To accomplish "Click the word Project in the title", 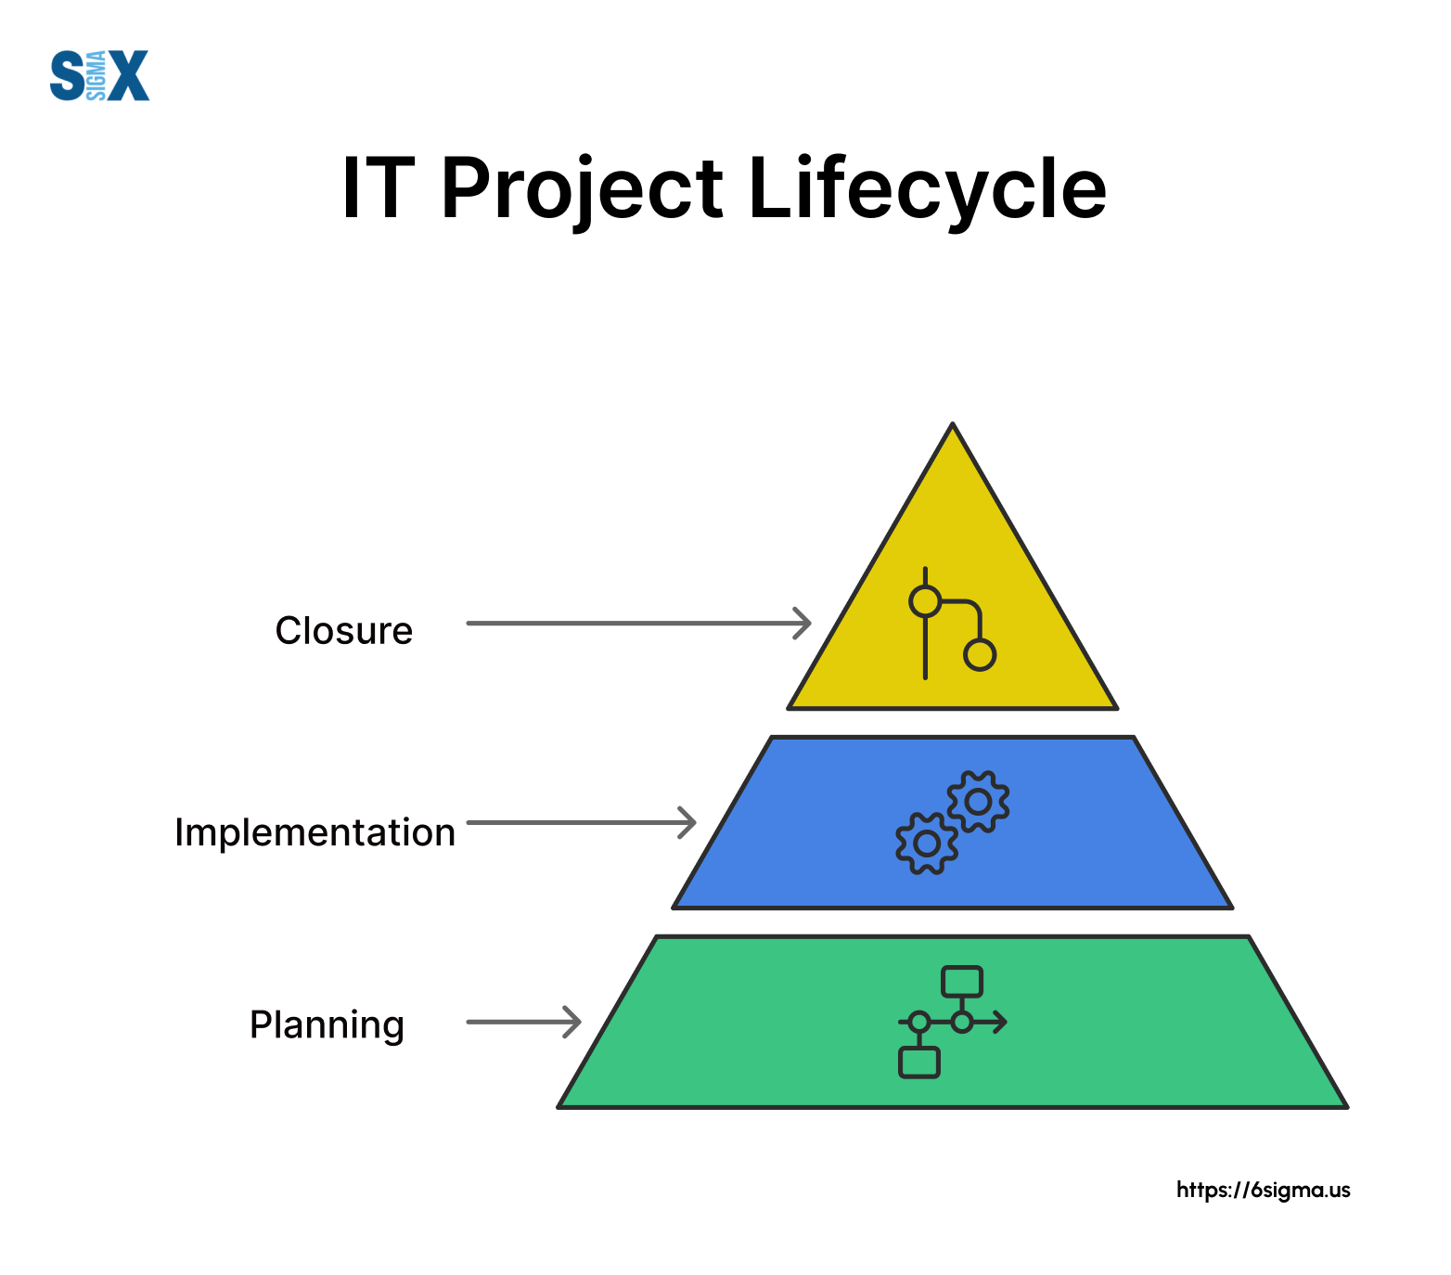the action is (582, 189).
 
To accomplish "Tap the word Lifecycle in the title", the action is (927, 189).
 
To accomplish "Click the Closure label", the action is (344, 631).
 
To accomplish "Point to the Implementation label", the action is (315, 833).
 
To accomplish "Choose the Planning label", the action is (327, 1025).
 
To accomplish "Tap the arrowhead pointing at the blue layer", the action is (687, 822).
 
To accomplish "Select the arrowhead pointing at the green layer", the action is (572, 1022).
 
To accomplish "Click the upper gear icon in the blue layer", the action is (978, 801).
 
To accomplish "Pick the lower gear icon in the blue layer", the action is (927, 844).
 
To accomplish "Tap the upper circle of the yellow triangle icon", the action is (925, 601).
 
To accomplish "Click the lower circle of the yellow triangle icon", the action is (980, 655).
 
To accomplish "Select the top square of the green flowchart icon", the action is (962, 982).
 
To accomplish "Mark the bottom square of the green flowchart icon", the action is (919, 1062).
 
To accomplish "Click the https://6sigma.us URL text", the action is (1263, 1191).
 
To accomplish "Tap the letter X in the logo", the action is (128, 76).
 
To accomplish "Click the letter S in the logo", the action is (68, 76).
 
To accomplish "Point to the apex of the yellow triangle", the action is (953, 424).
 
